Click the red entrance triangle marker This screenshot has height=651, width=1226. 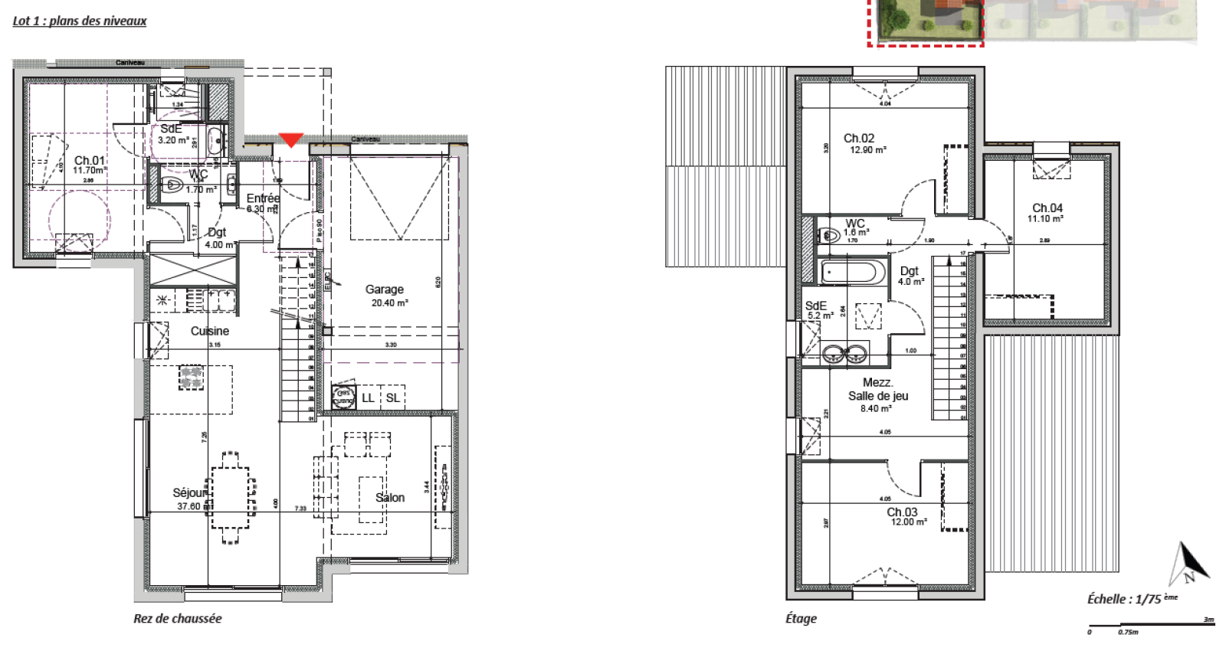(x=290, y=139)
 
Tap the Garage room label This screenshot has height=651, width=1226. (x=385, y=290)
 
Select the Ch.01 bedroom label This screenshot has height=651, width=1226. (x=89, y=161)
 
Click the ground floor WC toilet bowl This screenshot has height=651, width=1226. (x=173, y=185)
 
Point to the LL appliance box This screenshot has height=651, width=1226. (x=368, y=397)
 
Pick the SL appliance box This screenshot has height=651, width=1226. (x=392, y=397)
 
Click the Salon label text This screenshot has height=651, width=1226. (x=390, y=498)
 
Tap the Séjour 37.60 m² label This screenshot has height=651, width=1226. (x=190, y=499)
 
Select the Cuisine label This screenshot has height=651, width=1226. (x=209, y=331)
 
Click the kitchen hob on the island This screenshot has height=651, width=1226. (x=192, y=377)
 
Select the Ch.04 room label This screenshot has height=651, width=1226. (x=1047, y=208)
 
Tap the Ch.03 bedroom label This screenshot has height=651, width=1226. (x=902, y=512)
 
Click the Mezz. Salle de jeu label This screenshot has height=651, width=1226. (x=877, y=390)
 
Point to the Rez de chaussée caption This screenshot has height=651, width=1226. (x=177, y=618)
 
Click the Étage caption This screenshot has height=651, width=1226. (x=801, y=618)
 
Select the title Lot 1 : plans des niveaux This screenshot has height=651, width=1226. (x=79, y=21)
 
